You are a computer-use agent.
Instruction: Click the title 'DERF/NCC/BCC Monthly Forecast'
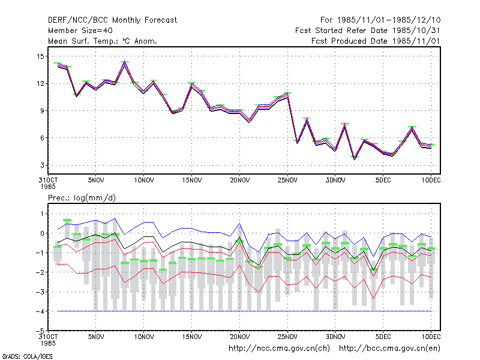click(112, 20)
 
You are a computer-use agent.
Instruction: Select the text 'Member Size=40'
click(80, 31)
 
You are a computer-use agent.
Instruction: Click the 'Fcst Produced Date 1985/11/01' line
click(376, 41)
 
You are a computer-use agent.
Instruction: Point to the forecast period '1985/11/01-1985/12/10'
click(388, 20)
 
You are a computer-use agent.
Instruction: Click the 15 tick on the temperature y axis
click(40, 56)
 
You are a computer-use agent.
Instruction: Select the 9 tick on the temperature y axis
click(42, 111)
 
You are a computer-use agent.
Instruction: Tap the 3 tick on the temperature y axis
click(42, 166)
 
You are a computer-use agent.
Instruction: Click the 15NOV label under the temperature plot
click(192, 181)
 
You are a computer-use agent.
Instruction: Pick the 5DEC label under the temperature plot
click(383, 181)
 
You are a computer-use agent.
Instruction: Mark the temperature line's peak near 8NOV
click(125, 61)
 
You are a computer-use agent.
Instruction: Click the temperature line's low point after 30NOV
click(355, 158)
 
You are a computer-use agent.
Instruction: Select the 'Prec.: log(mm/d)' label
click(82, 198)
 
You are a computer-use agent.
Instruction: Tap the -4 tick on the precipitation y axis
click(40, 311)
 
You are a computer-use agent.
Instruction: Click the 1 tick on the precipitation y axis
click(42, 214)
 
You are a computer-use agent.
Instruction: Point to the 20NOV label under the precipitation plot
click(239, 337)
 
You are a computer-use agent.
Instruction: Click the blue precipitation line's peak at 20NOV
click(239, 224)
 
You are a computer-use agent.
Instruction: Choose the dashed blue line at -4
click(244, 311)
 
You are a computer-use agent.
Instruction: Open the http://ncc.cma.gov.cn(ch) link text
click(279, 349)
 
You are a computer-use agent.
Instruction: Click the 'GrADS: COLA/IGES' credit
click(27, 356)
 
